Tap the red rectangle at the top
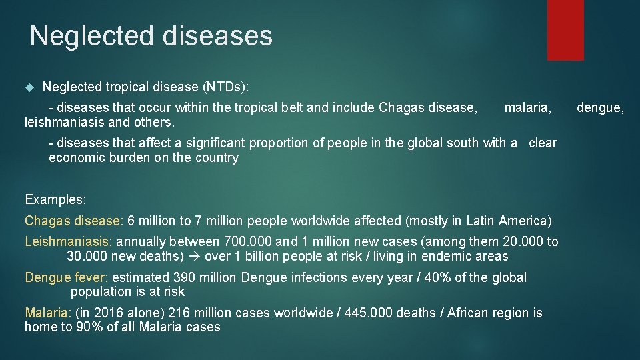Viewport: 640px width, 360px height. click(x=565, y=30)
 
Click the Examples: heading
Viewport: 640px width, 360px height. click(x=55, y=199)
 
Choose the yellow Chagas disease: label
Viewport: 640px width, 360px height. click(x=74, y=221)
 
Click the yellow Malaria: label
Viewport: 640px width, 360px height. click(x=48, y=313)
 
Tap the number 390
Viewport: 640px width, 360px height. click(x=185, y=277)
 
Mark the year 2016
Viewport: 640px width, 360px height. click(x=105, y=313)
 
